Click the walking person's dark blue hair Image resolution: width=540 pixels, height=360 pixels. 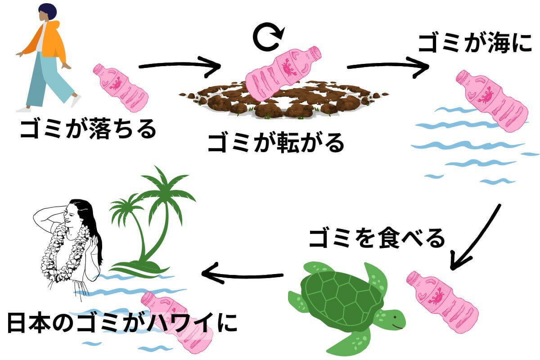pos(48,11)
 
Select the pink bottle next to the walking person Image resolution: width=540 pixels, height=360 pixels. pos(121,88)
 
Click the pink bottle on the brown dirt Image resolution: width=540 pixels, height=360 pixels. pos(283,73)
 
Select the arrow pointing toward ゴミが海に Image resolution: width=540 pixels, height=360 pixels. pos(387,66)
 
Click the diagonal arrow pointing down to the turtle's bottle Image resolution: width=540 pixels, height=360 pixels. pos(474,238)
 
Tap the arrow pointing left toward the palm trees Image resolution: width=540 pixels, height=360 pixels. pos(242,274)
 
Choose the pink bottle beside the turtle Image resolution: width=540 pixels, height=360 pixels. pos(442,302)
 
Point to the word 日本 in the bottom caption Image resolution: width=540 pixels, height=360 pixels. pos(29,323)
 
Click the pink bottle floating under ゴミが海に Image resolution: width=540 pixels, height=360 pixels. pos(492,101)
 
